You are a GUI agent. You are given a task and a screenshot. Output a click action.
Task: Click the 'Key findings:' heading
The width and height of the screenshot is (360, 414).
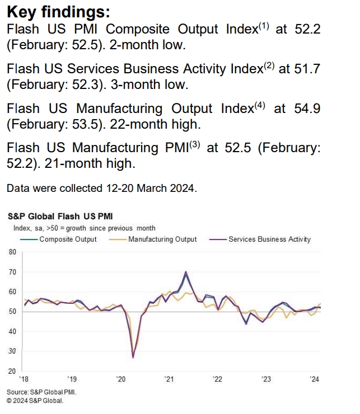[59, 12]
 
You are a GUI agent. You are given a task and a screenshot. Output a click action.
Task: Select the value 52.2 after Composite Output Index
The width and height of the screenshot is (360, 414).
[307, 30]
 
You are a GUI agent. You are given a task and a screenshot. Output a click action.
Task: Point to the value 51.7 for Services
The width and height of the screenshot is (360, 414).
[307, 69]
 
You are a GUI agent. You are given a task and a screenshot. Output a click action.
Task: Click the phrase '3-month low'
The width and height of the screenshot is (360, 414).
[155, 84]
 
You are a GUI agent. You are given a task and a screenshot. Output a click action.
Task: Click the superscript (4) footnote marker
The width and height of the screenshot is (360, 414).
[260, 105]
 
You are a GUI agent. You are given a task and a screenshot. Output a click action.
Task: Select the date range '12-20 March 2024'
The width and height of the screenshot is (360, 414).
[148, 188]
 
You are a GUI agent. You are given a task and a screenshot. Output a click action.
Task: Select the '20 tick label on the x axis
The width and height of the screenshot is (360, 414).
[120, 379]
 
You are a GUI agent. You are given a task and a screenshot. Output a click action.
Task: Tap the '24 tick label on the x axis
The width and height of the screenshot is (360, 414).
[315, 379]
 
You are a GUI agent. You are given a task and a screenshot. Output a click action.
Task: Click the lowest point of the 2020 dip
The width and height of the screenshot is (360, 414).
[133, 357]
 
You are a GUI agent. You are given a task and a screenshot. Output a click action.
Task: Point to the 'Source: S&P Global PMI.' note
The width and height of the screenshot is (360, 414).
[41, 392]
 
